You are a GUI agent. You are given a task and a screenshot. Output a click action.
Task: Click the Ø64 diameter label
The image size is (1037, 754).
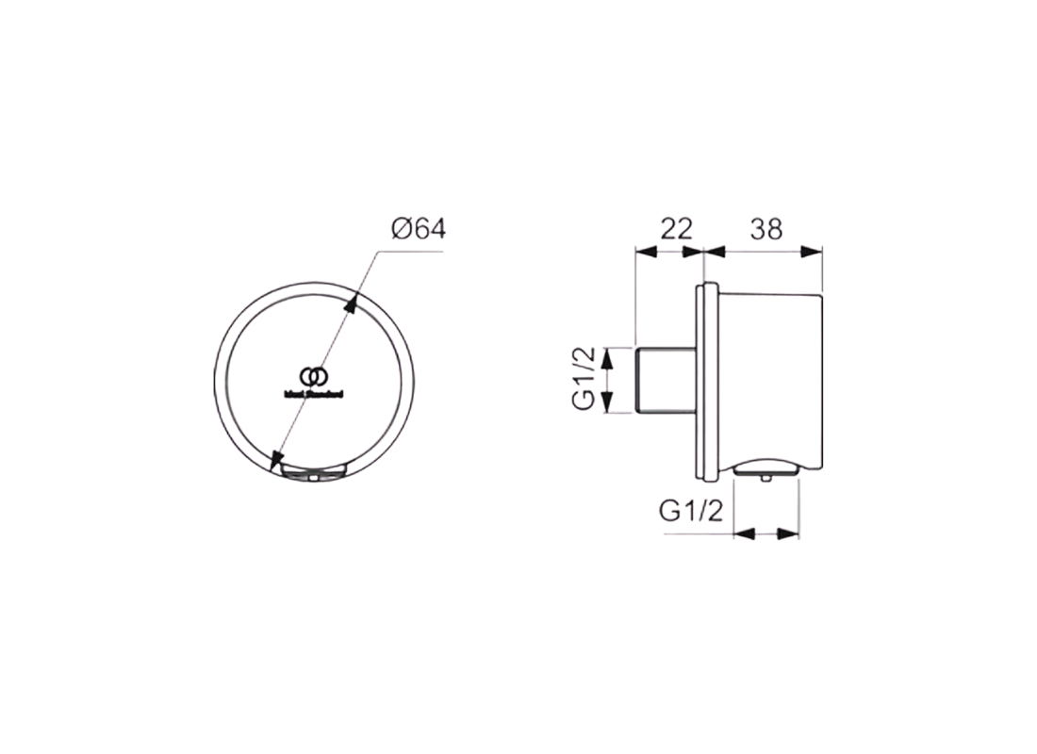pyautogui.click(x=417, y=229)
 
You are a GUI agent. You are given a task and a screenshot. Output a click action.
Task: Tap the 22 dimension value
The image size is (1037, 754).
pyautogui.click(x=675, y=228)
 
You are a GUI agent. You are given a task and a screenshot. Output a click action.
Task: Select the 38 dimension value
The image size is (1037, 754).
pyautogui.click(x=765, y=228)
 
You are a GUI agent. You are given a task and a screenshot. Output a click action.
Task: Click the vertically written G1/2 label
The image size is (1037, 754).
pyautogui.click(x=585, y=380)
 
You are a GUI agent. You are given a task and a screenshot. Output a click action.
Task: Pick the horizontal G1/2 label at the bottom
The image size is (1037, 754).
pyautogui.click(x=691, y=511)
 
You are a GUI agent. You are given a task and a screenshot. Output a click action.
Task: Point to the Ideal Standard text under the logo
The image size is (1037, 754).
pyautogui.click(x=314, y=394)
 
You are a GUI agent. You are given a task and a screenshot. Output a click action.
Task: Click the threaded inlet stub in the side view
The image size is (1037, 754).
pyautogui.click(x=667, y=381)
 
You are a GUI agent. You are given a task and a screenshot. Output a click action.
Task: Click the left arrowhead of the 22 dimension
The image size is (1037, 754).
pyautogui.click(x=644, y=251)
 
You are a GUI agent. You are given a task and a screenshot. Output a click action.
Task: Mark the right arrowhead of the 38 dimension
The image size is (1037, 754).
pyautogui.click(x=816, y=251)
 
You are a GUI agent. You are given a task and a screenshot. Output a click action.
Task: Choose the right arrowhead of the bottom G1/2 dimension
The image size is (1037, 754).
pyautogui.click(x=793, y=533)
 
